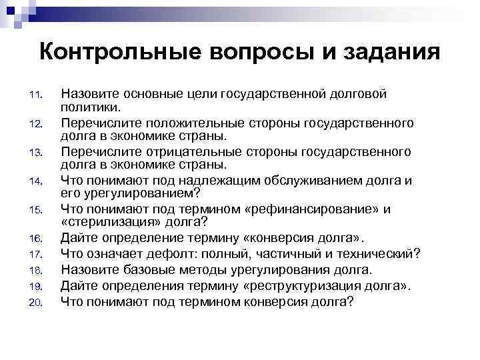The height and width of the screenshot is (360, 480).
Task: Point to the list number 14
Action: pos(37,180)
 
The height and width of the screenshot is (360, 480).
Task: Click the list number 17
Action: pos(37,253)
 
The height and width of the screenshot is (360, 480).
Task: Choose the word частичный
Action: pos(304,253)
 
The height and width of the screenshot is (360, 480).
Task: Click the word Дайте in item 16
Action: pos(77,238)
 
